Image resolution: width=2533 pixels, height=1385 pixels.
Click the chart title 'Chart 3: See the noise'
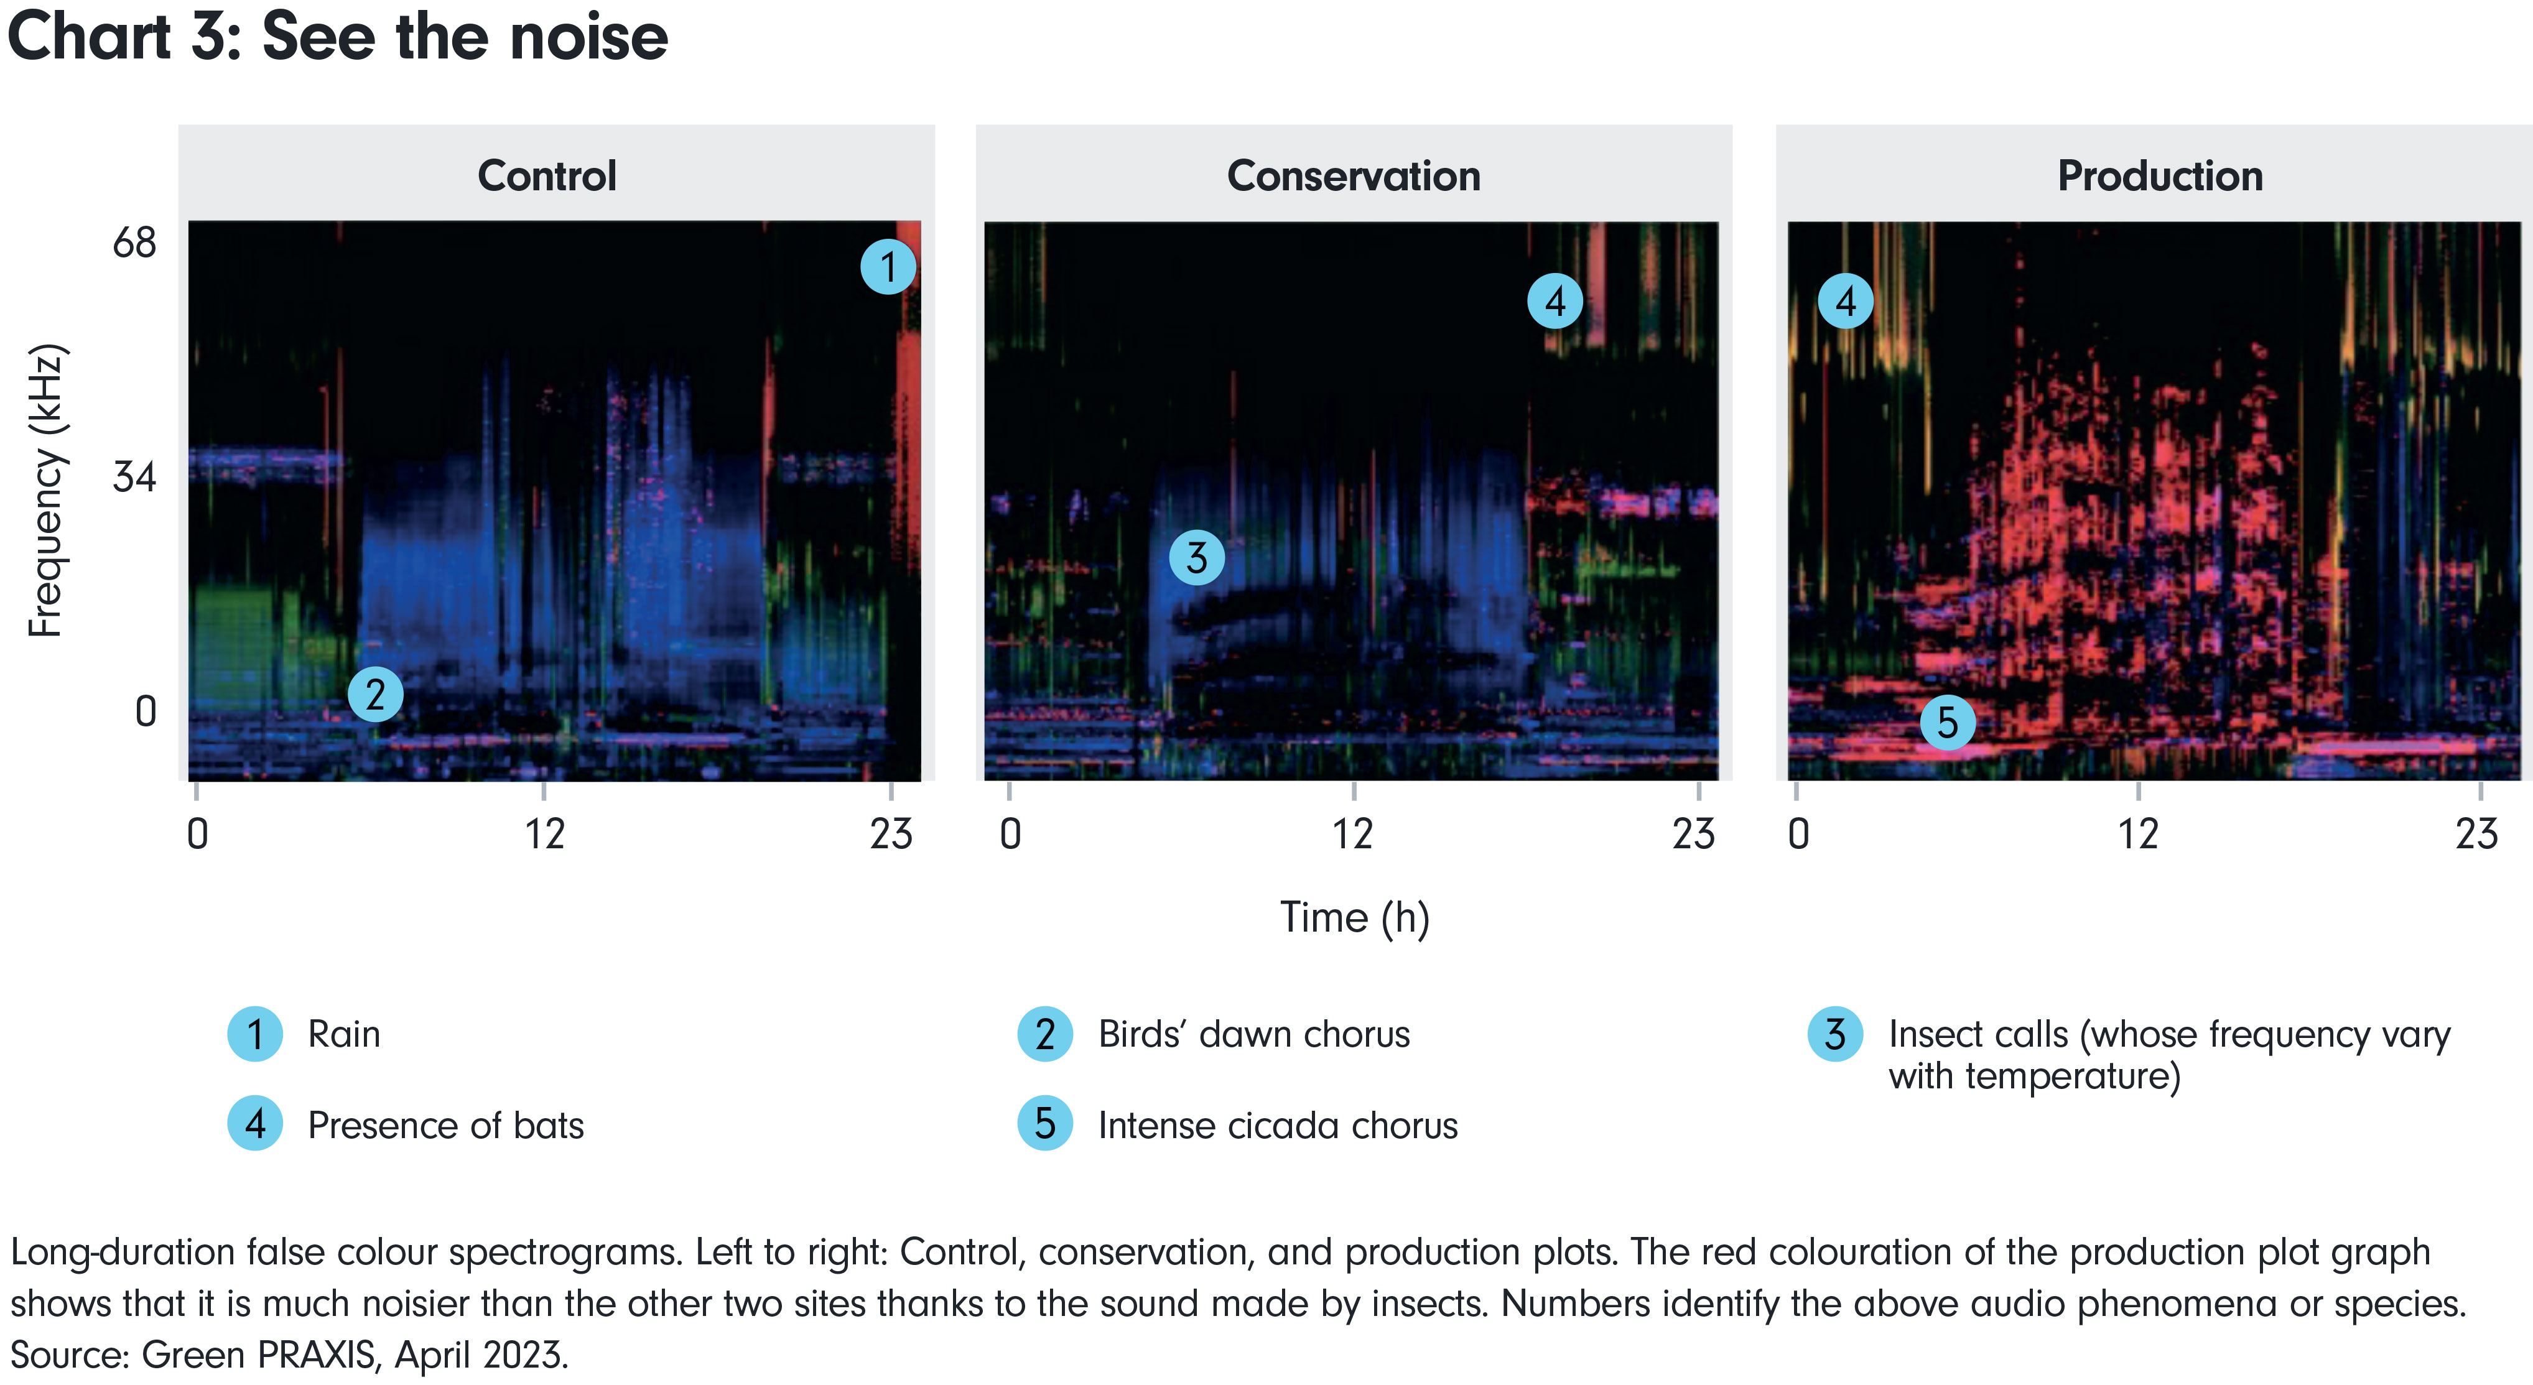coord(337,37)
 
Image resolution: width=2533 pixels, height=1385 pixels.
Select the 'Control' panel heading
coord(547,176)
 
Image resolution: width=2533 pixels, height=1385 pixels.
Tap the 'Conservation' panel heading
coord(1353,176)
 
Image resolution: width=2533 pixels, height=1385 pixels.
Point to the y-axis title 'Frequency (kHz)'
coord(45,489)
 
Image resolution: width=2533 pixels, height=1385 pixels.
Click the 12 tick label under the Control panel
coord(544,835)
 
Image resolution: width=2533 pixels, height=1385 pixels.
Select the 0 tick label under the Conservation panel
coord(1010,835)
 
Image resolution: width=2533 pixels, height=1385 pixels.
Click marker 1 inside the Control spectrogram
coord(888,266)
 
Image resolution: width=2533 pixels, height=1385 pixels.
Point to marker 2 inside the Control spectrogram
coord(374,695)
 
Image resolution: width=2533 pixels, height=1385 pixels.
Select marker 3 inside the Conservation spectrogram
coord(1196,557)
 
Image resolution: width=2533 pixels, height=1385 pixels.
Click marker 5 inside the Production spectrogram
coord(1947,723)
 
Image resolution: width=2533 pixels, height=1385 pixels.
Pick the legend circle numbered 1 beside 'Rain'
coord(254,1034)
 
